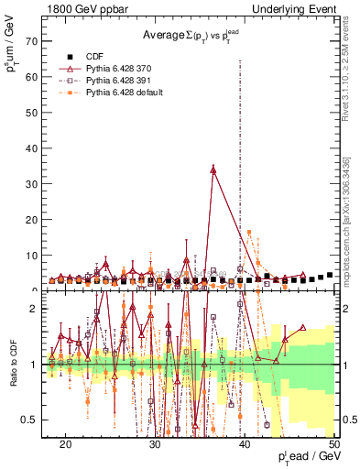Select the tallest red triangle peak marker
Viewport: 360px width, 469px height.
pyautogui.click(x=213, y=169)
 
